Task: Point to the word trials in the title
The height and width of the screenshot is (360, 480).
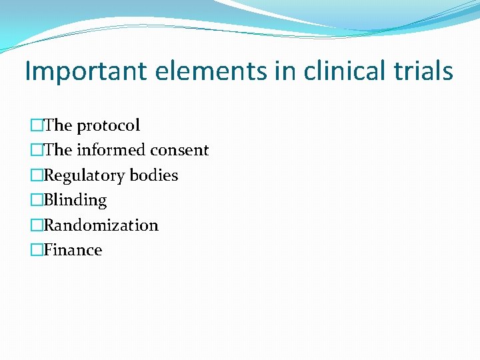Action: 422,71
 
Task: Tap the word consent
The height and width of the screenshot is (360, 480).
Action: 180,151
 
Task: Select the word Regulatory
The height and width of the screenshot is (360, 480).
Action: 84,175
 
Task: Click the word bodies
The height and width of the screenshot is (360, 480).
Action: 154,175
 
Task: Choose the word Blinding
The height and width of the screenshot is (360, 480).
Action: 75,200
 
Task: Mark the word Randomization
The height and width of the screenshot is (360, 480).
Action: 101,225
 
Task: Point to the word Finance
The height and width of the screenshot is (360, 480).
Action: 73,250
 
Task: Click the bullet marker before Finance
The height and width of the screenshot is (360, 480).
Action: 36,250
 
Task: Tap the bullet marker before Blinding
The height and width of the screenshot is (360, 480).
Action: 36,200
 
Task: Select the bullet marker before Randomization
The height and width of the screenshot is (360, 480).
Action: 36,225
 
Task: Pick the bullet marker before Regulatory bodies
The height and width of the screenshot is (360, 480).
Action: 36,175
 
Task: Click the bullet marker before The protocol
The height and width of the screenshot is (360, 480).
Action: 36,125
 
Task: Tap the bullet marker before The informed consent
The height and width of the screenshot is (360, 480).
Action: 36,151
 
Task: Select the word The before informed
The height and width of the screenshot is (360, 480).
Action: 58,151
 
